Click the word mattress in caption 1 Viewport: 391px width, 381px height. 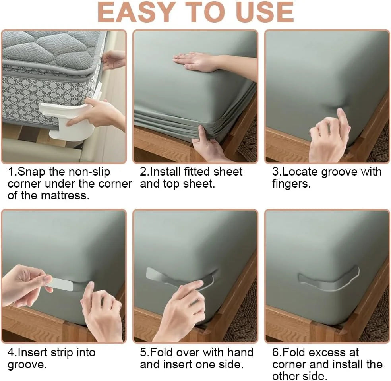[65, 195]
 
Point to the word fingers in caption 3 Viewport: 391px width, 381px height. [291, 184]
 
